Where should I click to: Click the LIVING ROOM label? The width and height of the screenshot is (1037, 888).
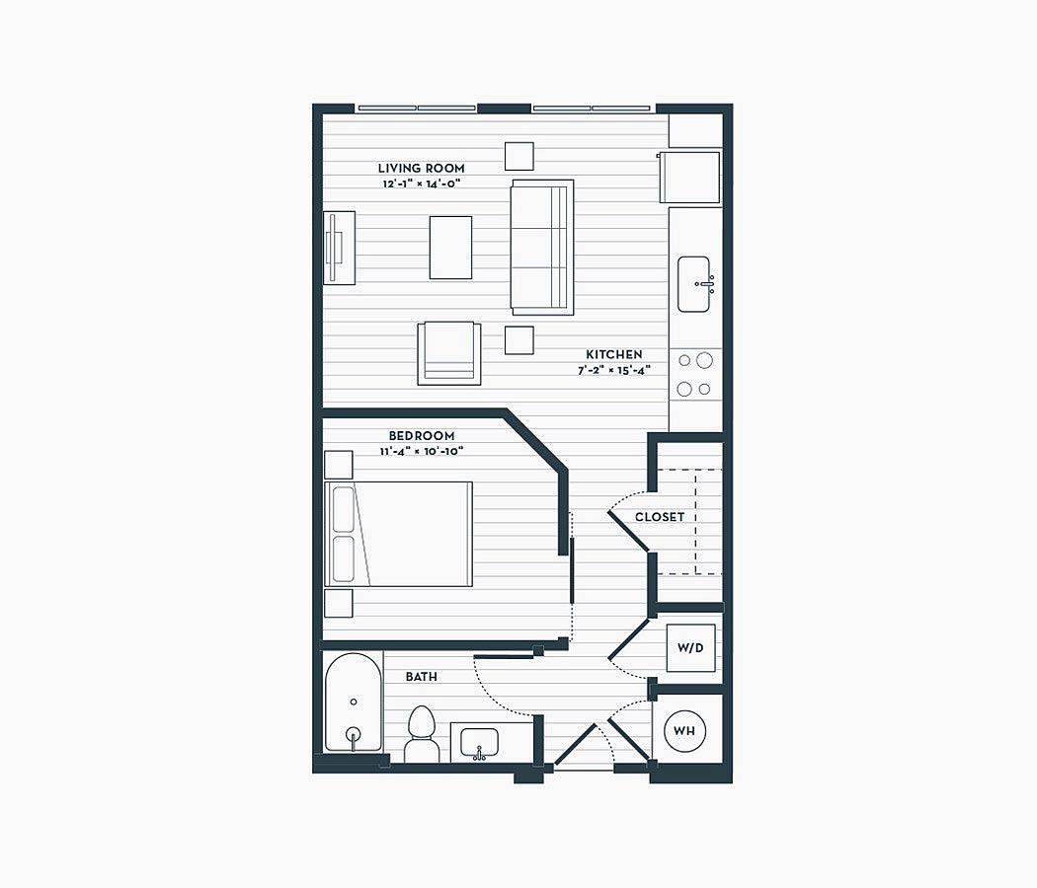(422, 169)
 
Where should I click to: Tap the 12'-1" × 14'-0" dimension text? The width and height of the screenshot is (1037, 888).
(422, 184)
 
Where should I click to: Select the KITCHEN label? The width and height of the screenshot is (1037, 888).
(613, 355)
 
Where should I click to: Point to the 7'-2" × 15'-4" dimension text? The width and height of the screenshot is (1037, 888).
(613, 371)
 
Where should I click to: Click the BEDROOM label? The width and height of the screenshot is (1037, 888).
(422, 436)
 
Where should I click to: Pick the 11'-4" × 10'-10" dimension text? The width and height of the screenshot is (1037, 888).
(422, 451)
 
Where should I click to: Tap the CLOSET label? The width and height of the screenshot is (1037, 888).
(660, 517)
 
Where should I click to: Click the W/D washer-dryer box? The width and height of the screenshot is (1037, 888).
(690, 648)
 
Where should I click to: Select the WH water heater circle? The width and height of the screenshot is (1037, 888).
(684, 731)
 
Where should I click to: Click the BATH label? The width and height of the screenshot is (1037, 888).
(422, 677)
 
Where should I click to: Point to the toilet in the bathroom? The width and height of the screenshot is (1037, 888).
(422, 734)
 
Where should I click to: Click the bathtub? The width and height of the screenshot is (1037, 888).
(354, 703)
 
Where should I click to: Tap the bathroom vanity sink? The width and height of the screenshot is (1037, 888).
(479, 743)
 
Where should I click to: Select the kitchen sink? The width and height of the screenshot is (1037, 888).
(693, 284)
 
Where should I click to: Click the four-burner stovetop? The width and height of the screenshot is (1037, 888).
(695, 375)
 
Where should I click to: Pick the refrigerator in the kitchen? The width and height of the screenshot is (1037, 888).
(689, 177)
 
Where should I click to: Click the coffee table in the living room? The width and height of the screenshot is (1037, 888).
(450, 247)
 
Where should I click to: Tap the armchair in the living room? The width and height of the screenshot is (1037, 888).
(449, 353)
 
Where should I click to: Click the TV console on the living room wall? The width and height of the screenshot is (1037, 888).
(339, 248)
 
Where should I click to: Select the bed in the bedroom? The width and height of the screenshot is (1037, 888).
(398, 534)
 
